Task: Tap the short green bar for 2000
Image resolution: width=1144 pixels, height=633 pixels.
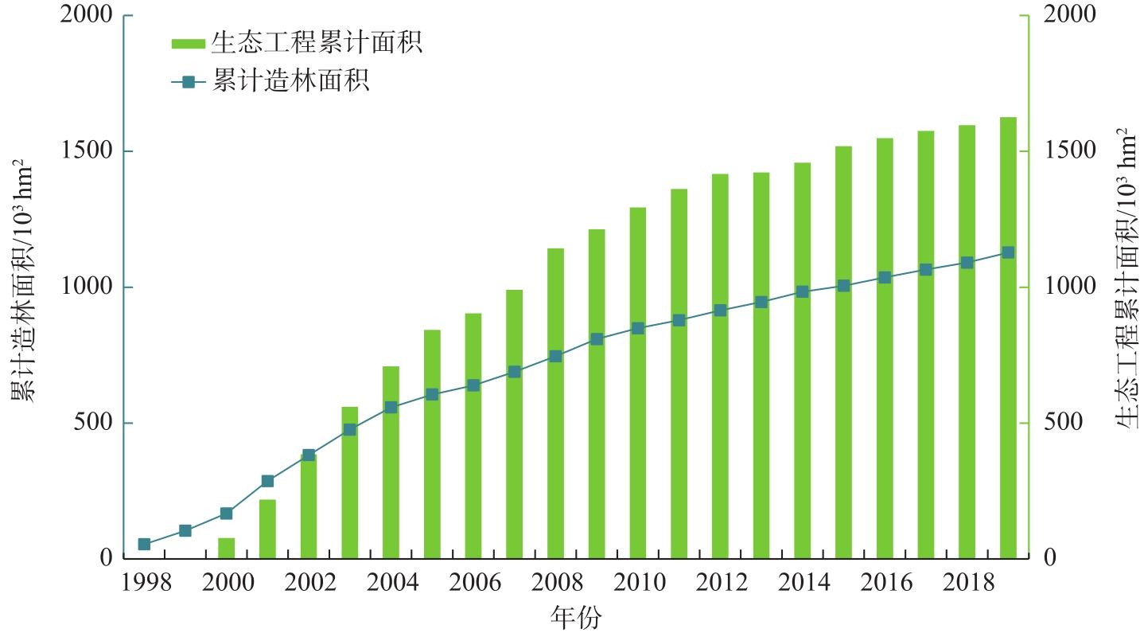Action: click(227, 549)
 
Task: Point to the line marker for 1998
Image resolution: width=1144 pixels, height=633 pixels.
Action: click(144, 545)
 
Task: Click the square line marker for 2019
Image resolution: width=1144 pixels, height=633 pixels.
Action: click(1008, 252)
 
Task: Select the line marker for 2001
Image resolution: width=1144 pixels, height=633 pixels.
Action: click(267, 481)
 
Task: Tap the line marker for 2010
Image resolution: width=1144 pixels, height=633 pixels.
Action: click(637, 328)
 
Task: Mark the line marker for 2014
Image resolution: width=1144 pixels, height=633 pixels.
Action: click(802, 291)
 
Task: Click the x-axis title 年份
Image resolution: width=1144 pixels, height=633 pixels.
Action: click(576, 618)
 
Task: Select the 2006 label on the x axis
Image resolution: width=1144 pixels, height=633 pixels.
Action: click(473, 584)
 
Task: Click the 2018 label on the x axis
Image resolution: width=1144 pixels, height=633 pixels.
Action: click(967, 584)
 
